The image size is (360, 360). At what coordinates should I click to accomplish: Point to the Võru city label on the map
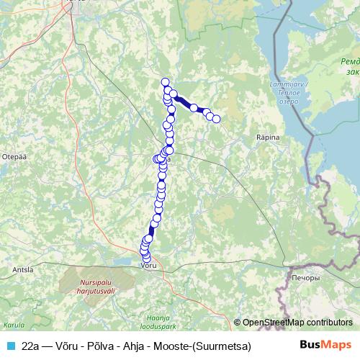[x=146, y=266]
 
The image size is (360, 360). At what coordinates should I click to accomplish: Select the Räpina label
[x=267, y=136]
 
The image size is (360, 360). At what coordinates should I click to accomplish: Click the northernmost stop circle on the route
[x=165, y=82]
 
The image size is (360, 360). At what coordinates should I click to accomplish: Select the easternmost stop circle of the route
[x=216, y=119]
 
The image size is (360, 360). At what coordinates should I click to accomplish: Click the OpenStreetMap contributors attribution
[x=297, y=323]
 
